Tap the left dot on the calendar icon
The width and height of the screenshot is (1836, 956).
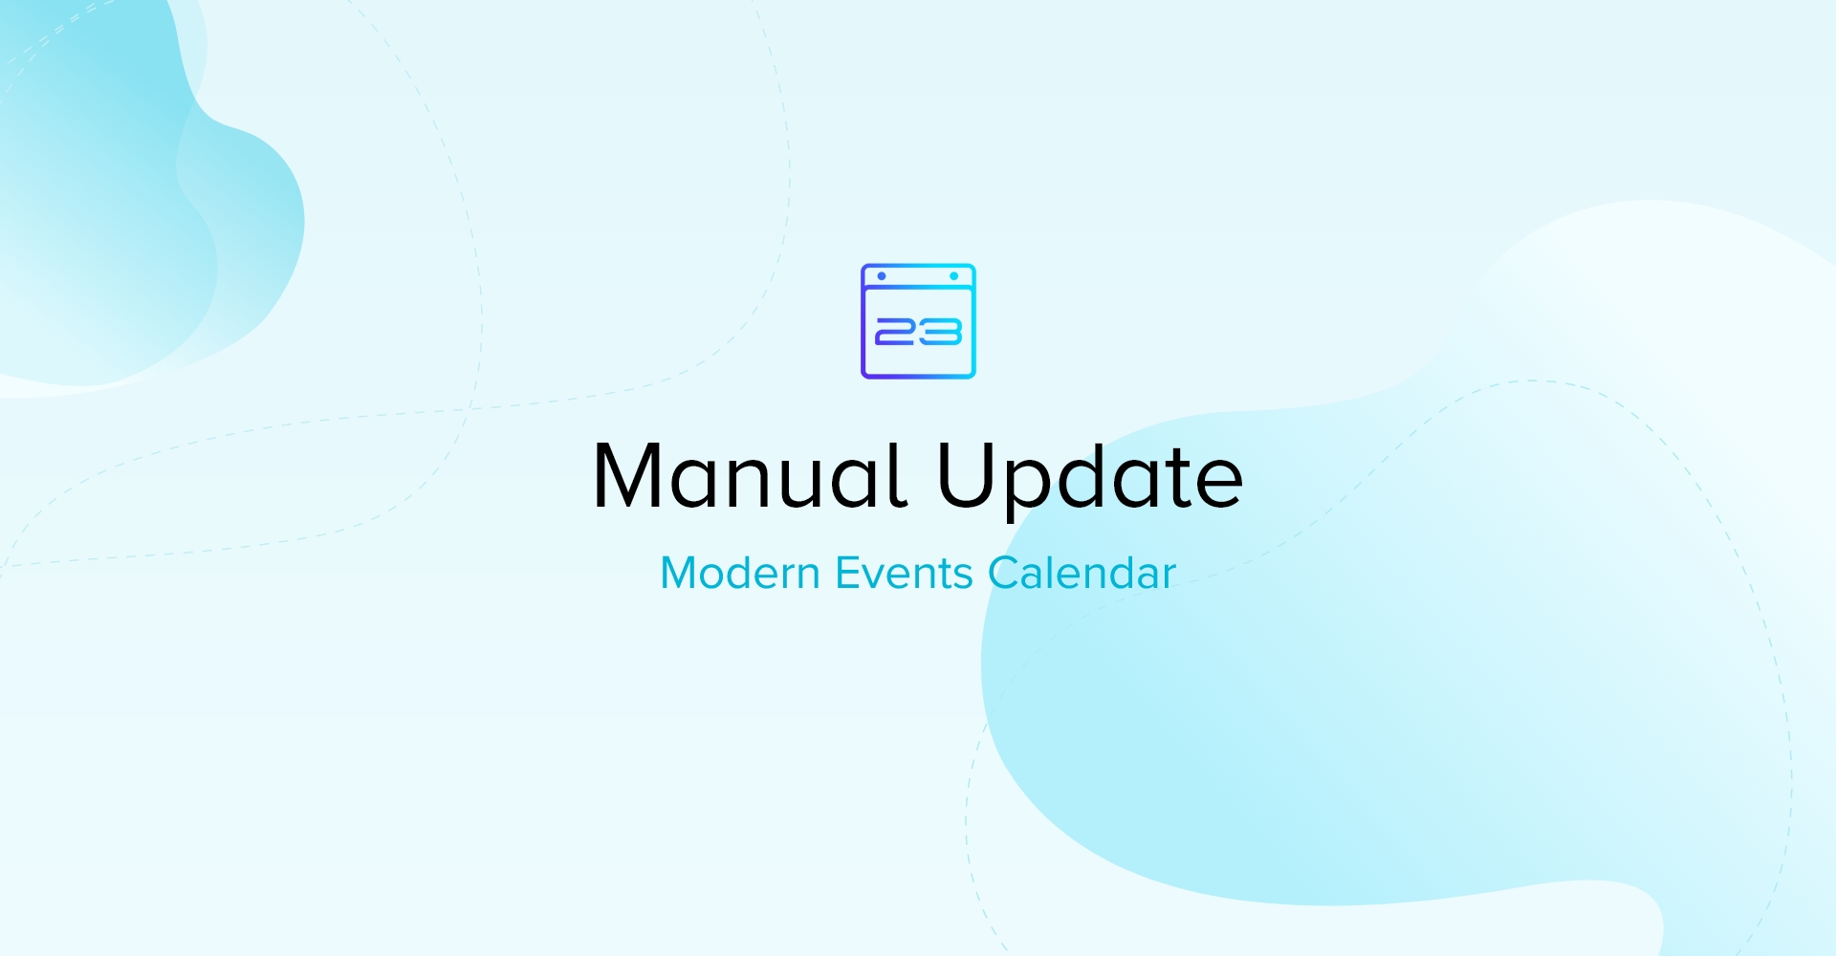(x=882, y=276)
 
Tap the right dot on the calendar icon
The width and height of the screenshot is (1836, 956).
(x=954, y=276)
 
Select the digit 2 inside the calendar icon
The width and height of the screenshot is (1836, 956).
(x=896, y=332)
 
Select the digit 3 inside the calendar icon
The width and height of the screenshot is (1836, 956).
(x=940, y=332)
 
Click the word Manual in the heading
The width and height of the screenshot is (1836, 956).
(x=750, y=475)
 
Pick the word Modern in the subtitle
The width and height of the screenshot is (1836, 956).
(x=740, y=573)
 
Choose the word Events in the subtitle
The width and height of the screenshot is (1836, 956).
(x=904, y=573)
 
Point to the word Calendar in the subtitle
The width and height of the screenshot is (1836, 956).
(x=1082, y=573)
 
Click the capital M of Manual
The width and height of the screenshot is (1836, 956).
(x=627, y=475)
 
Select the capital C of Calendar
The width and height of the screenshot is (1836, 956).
(x=1005, y=573)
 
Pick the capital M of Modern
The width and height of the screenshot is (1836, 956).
(x=679, y=573)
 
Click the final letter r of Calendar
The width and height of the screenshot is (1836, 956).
(x=1169, y=577)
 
